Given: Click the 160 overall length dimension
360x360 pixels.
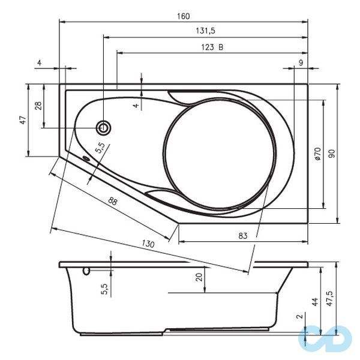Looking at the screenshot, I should (183, 16).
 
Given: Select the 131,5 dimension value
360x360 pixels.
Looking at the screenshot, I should (205, 31).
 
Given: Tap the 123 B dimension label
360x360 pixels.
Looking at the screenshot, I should (212, 47).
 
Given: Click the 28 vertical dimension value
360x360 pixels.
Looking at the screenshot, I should (38, 106).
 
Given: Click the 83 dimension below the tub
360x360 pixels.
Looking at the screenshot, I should (242, 236).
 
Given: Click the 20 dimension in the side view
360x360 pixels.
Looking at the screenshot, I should (199, 277).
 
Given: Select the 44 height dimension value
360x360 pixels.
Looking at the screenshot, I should (314, 301).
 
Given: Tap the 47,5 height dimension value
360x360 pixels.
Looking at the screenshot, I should (329, 298).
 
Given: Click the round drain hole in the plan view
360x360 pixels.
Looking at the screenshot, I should (104, 127).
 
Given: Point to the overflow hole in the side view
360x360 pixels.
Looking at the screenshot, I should (86, 271).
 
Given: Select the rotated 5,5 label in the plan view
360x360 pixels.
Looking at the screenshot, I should (100, 149).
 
